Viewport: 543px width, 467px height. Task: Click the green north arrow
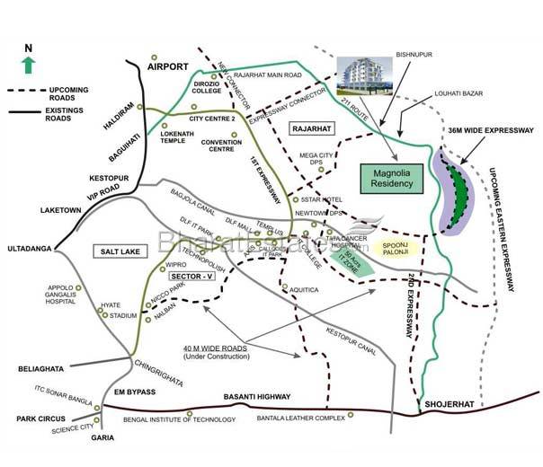pyautogui.click(x=28, y=64)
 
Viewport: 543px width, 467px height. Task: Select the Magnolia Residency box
pyautogui.click(x=390, y=176)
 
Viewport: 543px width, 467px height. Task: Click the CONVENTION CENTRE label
pyautogui.click(x=221, y=145)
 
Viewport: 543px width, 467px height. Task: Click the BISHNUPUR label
pyautogui.click(x=413, y=55)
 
